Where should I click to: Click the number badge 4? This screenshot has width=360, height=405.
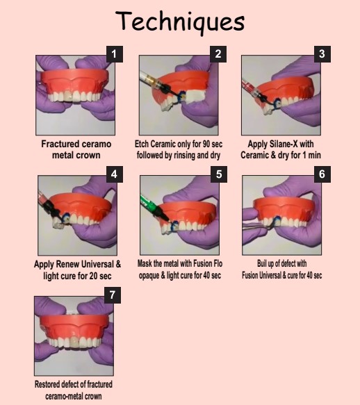(x=115, y=174)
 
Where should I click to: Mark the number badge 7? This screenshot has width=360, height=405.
(x=115, y=295)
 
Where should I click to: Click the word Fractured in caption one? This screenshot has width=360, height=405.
(x=60, y=144)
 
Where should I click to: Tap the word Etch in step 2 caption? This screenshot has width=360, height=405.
(x=143, y=144)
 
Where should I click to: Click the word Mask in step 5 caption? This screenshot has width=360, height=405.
(x=146, y=264)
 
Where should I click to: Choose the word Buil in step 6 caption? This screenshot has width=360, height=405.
(x=256, y=264)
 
